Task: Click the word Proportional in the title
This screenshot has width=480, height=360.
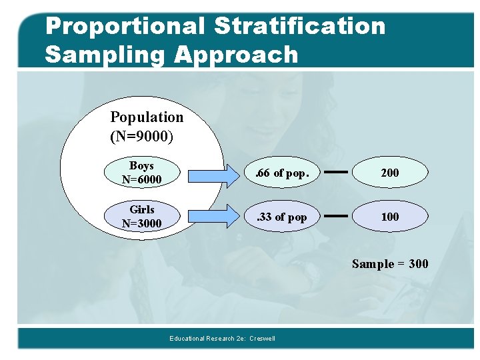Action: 125,26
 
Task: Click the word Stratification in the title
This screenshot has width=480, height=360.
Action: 299,26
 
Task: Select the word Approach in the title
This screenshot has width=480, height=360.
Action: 236,55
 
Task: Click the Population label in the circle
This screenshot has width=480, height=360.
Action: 147,117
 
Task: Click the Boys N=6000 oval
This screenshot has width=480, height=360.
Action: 142,173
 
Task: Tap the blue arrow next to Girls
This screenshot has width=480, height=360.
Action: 213,217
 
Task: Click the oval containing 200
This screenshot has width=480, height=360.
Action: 389,173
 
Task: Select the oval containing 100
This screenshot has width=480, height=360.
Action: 389,217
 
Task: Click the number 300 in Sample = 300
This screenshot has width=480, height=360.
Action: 418,264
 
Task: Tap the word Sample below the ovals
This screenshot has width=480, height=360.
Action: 373,264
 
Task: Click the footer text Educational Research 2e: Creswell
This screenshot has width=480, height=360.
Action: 222,339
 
